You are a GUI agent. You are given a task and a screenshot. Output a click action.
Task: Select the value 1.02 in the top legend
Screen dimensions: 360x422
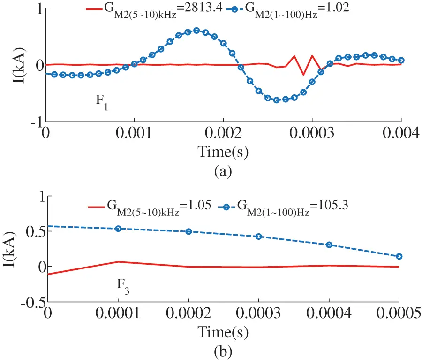coord(334,8)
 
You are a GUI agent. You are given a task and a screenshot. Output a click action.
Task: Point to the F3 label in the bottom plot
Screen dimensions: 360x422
coord(123,285)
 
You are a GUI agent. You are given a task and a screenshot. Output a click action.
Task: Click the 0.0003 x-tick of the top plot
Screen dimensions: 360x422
coord(312,134)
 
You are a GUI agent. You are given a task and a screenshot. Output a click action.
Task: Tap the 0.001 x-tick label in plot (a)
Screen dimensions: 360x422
coord(135,134)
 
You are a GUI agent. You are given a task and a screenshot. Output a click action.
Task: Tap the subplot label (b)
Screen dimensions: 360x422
coord(223,351)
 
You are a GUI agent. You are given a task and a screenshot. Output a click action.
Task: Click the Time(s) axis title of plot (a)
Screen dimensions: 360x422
coord(223,152)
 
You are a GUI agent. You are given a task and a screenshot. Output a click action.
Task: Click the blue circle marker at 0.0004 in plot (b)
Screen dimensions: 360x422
coord(329,245)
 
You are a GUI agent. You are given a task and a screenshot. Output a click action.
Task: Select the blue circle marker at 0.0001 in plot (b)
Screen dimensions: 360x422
coord(118,229)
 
